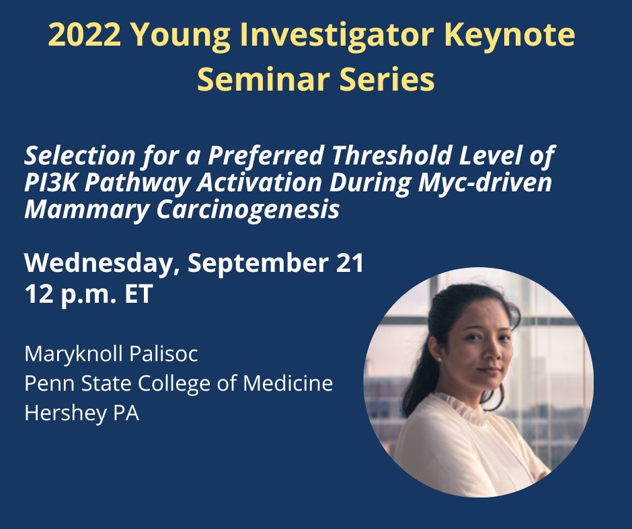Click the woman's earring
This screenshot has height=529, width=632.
click(438, 360)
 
